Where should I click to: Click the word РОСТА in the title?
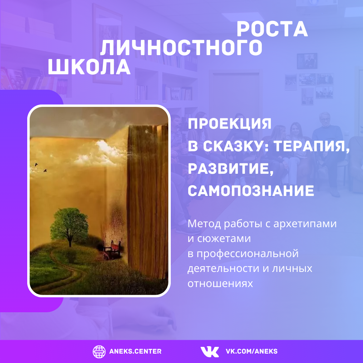(x=272, y=29)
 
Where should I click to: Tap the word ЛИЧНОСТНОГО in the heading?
(x=181, y=48)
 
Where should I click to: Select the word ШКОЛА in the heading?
(x=89, y=67)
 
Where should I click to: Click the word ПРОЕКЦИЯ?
(x=230, y=124)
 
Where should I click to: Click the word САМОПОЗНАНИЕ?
(x=251, y=191)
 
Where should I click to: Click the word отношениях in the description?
(x=220, y=284)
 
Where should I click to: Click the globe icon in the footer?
(x=99, y=352)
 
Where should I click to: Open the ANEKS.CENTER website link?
(x=135, y=352)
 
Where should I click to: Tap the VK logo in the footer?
(x=209, y=352)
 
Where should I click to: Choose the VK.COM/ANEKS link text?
(x=251, y=352)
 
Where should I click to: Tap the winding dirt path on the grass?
(x=61, y=273)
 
